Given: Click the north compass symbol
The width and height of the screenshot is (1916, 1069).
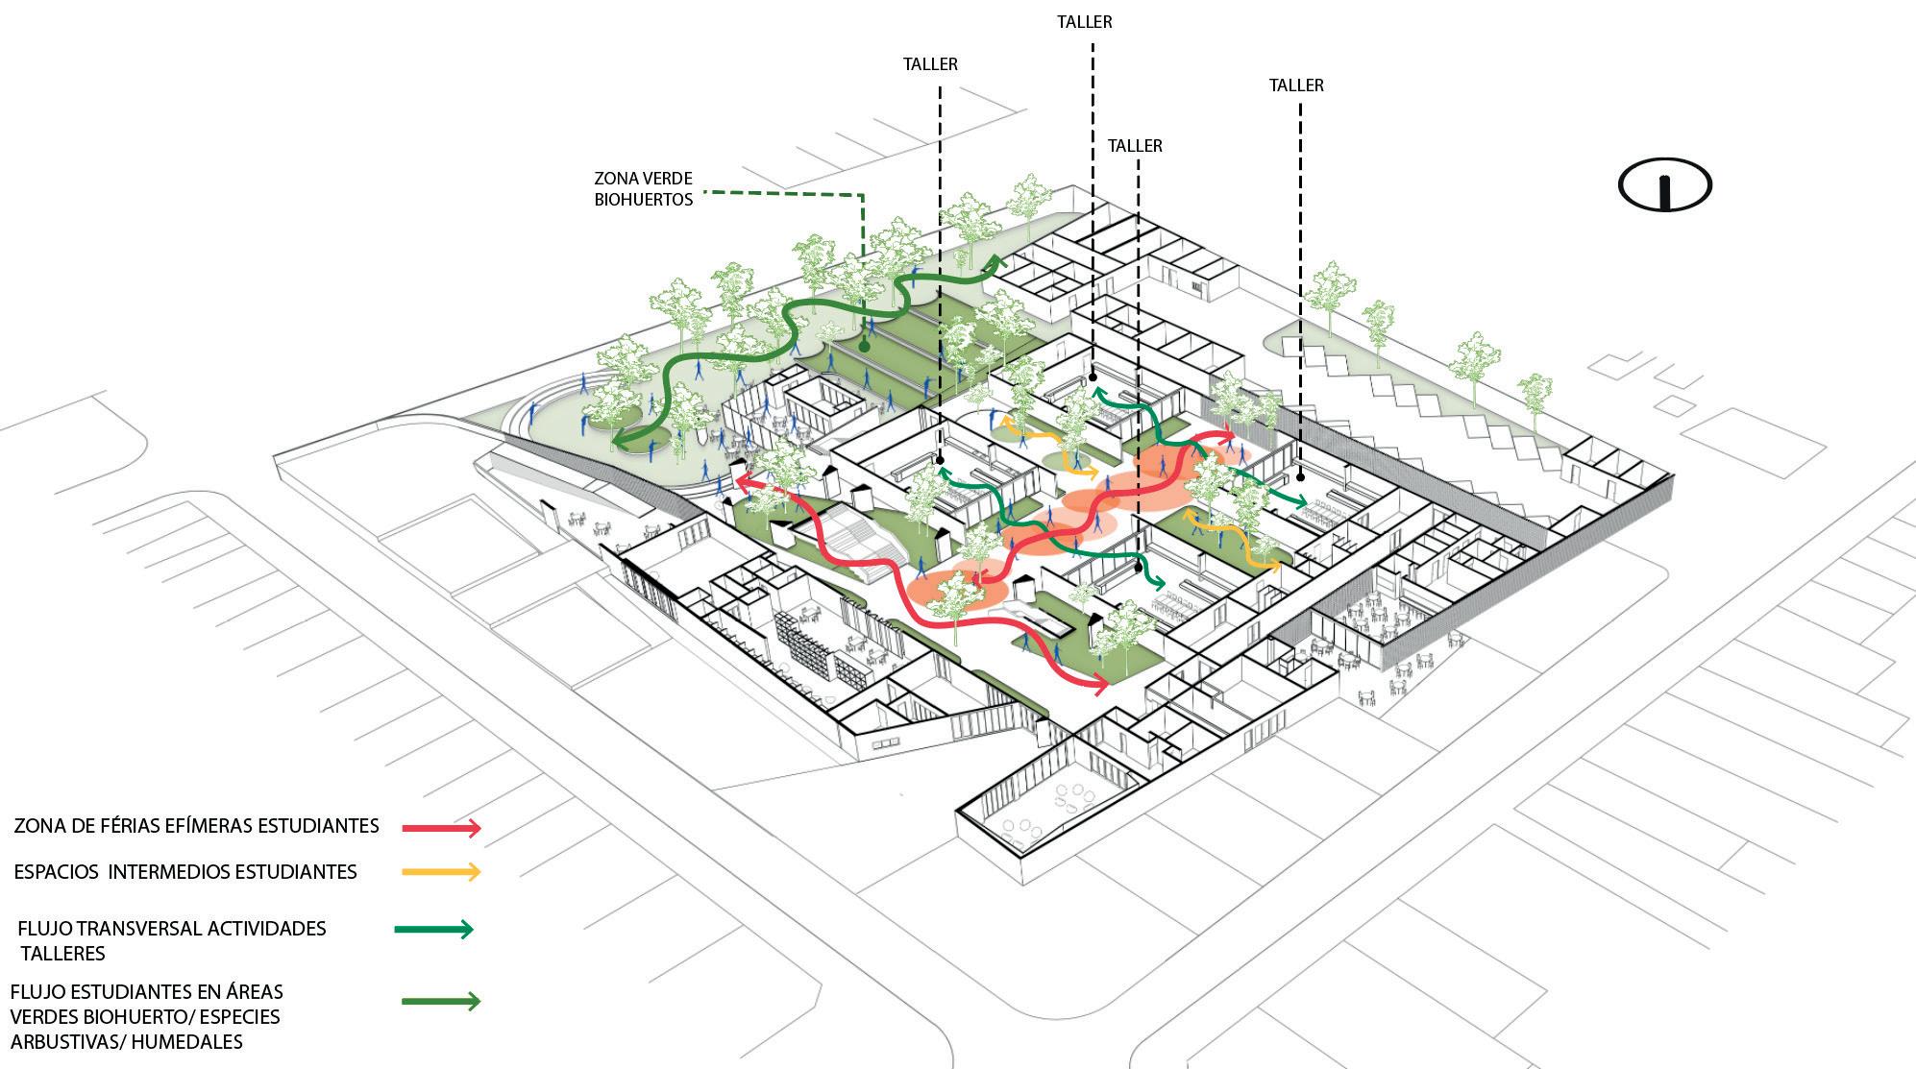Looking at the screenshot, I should (x=1665, y=184).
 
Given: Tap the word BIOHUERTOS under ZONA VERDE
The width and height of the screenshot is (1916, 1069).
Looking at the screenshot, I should (x=643, y=200).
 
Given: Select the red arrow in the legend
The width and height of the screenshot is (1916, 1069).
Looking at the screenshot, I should (x=441, y=827).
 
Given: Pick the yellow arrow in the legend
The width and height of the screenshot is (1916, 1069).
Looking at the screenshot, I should (x=441, y=871).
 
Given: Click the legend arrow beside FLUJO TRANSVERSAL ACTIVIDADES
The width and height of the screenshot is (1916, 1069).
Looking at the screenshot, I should (x=434, y=929).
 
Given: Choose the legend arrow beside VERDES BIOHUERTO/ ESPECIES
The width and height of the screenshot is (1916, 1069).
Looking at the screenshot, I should (x=441, y=1001).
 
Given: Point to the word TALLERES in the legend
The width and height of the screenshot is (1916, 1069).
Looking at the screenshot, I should (x=62, y=954).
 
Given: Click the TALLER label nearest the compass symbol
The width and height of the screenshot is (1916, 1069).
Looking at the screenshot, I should (x=1296, y=85).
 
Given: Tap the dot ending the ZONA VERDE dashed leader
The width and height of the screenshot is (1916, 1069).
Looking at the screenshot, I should (x=864, y=346).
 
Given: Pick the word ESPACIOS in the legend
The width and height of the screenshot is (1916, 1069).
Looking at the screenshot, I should (x=56, y=872).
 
